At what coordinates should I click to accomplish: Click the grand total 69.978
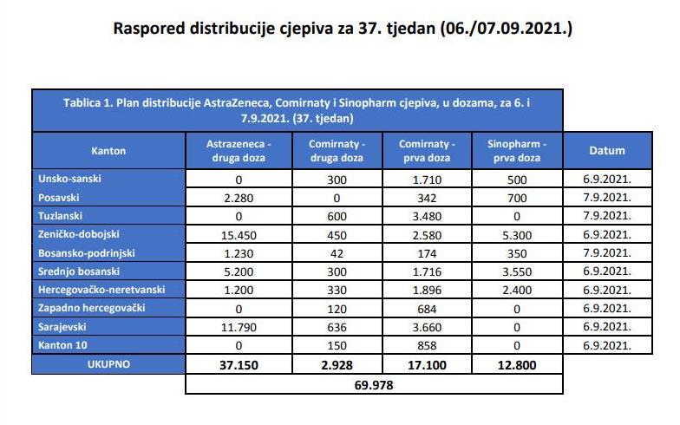(373, 385)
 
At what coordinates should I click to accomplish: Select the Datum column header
(607, 151)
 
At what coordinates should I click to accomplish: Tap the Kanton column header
(108, 151)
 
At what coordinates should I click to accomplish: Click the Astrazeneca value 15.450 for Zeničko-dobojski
(239, 235)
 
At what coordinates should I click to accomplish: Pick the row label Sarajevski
(62, 326)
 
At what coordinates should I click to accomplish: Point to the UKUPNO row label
(108, 364)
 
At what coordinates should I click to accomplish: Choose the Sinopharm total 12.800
(517, 365)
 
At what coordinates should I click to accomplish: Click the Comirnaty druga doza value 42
(337, 253)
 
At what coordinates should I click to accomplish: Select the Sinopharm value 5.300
(517, 235)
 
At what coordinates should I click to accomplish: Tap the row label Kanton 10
(62, 345)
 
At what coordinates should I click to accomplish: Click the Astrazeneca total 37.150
(239, 365)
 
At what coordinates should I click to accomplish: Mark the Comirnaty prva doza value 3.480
(427, 216)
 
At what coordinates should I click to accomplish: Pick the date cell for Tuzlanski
(607, 215)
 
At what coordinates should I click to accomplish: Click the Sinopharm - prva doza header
(517, 151)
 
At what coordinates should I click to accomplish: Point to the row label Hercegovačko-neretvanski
(101, 290)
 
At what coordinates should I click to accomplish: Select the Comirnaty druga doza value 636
(337, 327)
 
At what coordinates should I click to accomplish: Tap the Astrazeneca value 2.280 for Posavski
(239, 198)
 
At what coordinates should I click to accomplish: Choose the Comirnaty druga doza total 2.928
(337, 365)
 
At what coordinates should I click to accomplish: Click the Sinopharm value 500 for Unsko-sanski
(517, 180)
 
